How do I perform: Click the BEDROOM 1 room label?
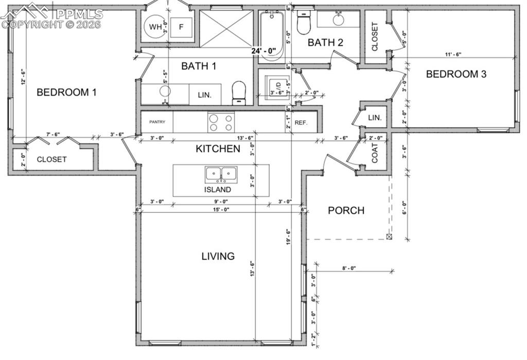[x=67, y=93]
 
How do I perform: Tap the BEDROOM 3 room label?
[x=456, y=74]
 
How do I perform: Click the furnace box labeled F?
[x=181, y=27]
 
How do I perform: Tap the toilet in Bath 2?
[x=303, y=23]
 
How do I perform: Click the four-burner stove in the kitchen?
[x=221, y=122]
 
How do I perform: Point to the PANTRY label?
[x=157, y=122]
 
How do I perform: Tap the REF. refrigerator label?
[x=301, y=123]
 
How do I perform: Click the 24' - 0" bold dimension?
[x=264, y=51]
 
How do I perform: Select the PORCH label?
[x=346, y=210]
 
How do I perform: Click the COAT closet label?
[x=375, y=153]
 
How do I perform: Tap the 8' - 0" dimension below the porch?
[x=349, y=268]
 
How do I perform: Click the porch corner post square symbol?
[x=389, y=236]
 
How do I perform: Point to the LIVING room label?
[x=218, y=256]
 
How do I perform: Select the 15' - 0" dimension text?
[x=220, y=209]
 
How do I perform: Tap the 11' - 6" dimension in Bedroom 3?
[x=453, y=55]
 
